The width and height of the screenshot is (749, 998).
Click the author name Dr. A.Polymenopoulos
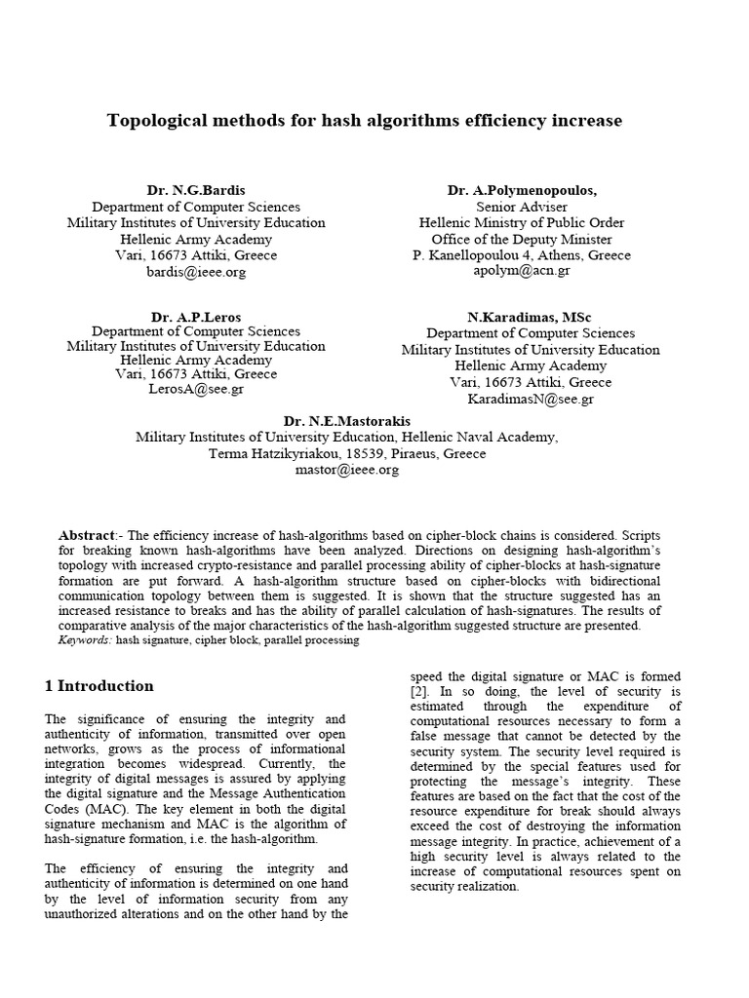[x=522, y=190]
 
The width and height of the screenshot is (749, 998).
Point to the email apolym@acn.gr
[x=522, y=272]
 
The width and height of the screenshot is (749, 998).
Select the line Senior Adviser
[x=522, y=207]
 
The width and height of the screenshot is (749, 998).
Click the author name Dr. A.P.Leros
[x=195, y=317]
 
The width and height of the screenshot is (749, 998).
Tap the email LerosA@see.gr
[x=195, y=389]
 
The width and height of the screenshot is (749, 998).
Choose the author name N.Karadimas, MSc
[x=530, y=317]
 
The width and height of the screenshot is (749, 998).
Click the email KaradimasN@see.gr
[x=530, y=399]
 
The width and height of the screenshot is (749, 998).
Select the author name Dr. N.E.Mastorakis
[x=346, y=421]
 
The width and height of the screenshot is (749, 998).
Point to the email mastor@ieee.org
[x=346, y=470]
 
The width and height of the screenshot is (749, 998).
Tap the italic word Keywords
[x=85, y=640]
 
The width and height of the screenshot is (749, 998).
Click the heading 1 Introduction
[x=99, y=685]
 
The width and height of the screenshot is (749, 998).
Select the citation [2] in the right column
[x=418, y=691]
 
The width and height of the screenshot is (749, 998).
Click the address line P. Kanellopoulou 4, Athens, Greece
[x=522, y=255]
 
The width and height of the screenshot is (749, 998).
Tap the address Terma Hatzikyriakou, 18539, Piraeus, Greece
[x=346, y=453]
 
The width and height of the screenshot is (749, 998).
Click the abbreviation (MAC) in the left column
[x=90, y=808]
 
